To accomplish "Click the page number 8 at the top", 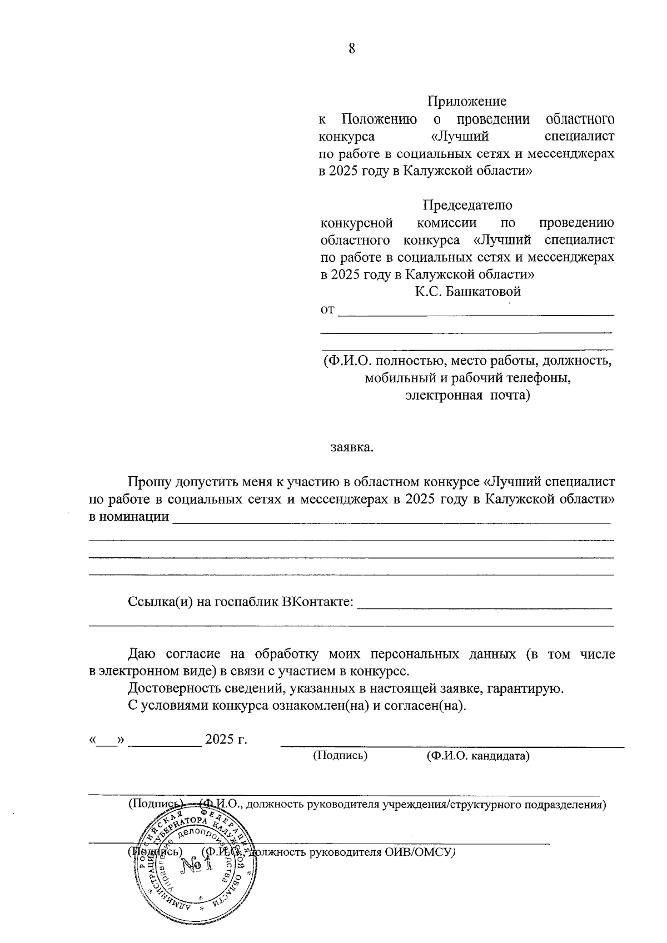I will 351,48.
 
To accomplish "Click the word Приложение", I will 467,102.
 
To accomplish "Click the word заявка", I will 352,447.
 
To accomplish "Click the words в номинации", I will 129,516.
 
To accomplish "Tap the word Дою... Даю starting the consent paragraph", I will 142,654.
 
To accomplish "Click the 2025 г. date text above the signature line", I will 226,740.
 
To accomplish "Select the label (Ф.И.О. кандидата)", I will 477,756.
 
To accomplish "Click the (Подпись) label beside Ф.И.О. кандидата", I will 340,756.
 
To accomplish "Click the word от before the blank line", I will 327,310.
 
